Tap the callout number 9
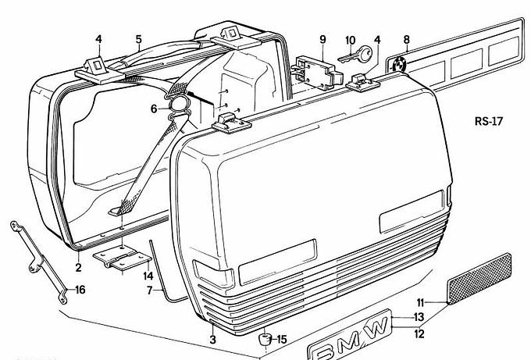322,39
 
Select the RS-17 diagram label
490,121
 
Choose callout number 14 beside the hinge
147,275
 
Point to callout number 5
138,39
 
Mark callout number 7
148,291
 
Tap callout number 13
419,318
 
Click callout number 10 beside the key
350,39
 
